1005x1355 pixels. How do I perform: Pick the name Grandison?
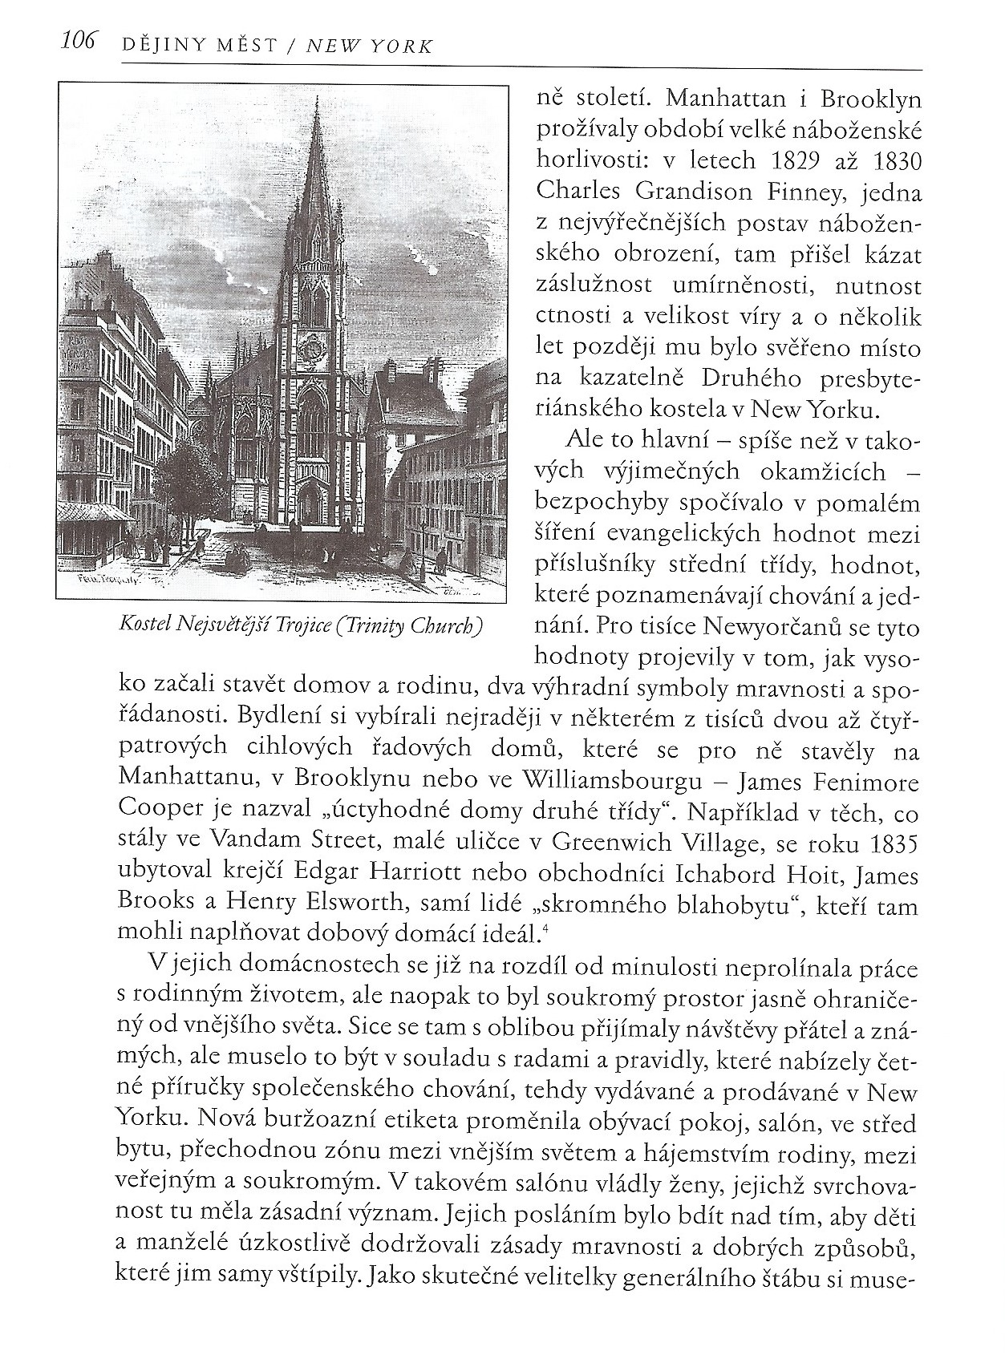(673, 192)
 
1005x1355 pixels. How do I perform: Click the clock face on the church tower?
(311, 347)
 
